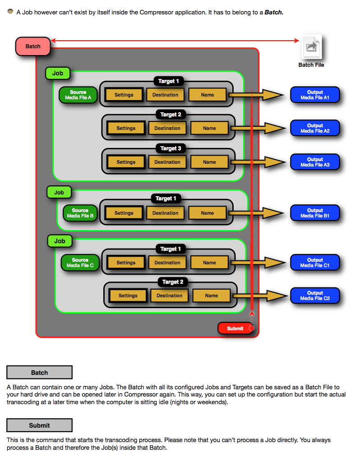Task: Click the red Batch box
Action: [32, 46]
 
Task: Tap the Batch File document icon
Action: [311, 46]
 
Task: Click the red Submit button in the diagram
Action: [235, 328]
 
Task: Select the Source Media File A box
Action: [78, 95]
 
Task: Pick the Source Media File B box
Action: [80, 213]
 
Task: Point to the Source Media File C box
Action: [80, 263]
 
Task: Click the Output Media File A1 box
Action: [315, 95]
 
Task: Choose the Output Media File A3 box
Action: [315, 162]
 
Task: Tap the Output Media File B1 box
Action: [315, 213]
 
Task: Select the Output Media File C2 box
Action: [315, 296]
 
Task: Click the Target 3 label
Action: [171, 148]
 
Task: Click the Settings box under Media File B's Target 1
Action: [124, 213]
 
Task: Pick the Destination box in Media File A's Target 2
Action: [167, 129]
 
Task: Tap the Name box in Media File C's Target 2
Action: [212, 296]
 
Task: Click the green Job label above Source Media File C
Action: [60, 241]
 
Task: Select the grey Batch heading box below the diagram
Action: [40, 372]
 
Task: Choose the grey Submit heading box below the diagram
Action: [40, 425]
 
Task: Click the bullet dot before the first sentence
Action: [10, 12]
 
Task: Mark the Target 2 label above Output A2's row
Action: [171, 115]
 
